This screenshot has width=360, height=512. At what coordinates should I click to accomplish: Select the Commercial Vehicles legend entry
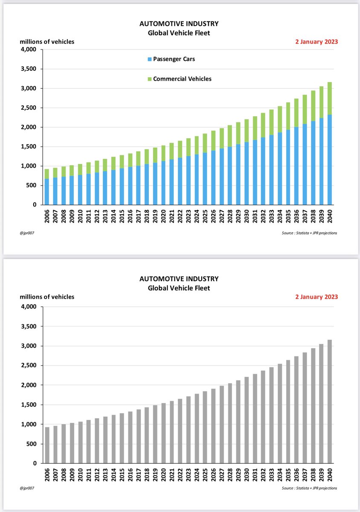pyautogui.click(x=179, y=79)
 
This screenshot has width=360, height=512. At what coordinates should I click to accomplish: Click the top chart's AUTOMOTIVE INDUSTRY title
pyautogui.click(x=179, y=23)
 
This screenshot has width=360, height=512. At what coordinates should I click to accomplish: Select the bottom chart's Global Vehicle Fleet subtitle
pyautogui.click(x=179, y=288)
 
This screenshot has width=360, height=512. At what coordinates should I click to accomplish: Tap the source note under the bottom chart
pyautogui.click(x=309, y=488)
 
